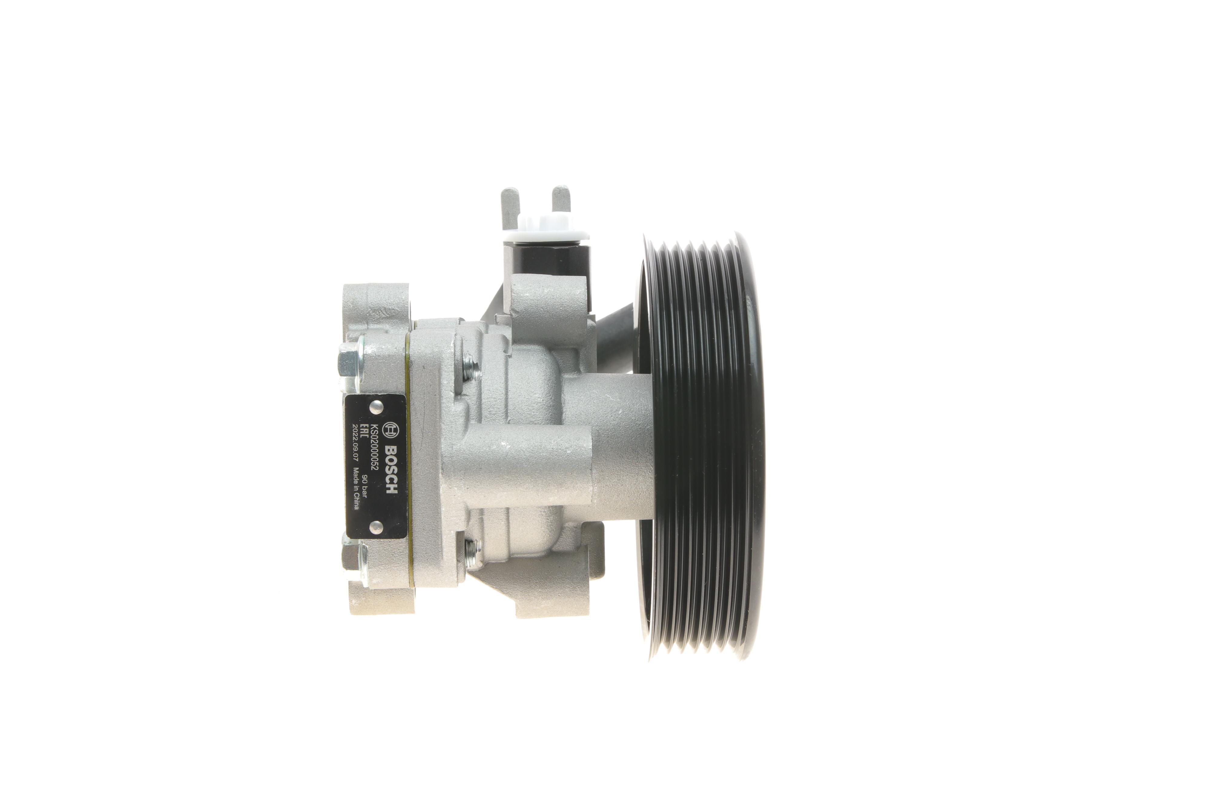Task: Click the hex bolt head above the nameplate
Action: point(351,364)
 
